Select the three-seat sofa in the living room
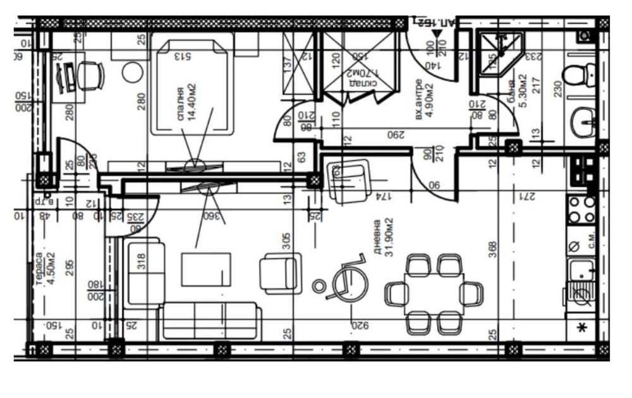210,320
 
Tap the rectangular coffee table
207,269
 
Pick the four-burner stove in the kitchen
581,210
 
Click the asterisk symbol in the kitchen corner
582,327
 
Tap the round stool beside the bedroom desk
133,72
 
